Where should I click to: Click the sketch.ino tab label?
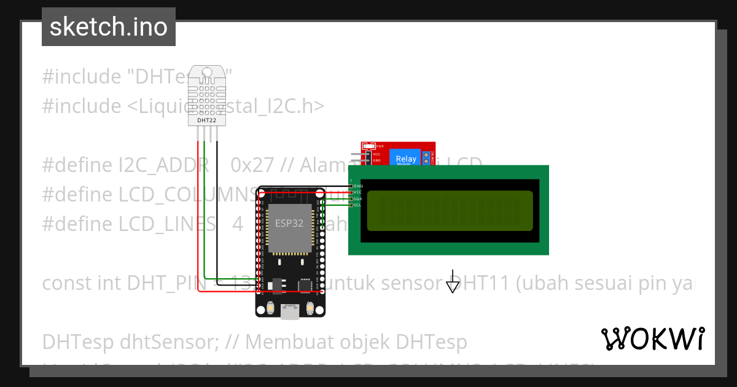click(x=109, y=27)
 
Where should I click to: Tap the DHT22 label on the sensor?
click(x=206, y=120)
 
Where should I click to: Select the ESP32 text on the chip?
click(x=289, y=224)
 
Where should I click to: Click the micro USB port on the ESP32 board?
click(x=290, y=313)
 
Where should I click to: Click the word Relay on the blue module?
click(x=406, y=158)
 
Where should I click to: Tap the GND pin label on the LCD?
click(x=358, y=186)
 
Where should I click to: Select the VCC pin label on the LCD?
click(x=358, y=192)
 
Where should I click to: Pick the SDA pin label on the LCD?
click(x=358, y=199)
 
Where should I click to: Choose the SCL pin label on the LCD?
click(x=358, y=205)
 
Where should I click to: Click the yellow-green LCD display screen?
click(x=450, y=211)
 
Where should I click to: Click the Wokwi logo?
click(x=653, y=338)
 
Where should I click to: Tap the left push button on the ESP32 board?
click(x=270, y=308)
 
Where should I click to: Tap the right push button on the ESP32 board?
click(x=310, y=308)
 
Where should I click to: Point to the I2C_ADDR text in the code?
click(x=159, y=165)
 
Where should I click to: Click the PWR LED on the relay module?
click(x=368, y=146)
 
